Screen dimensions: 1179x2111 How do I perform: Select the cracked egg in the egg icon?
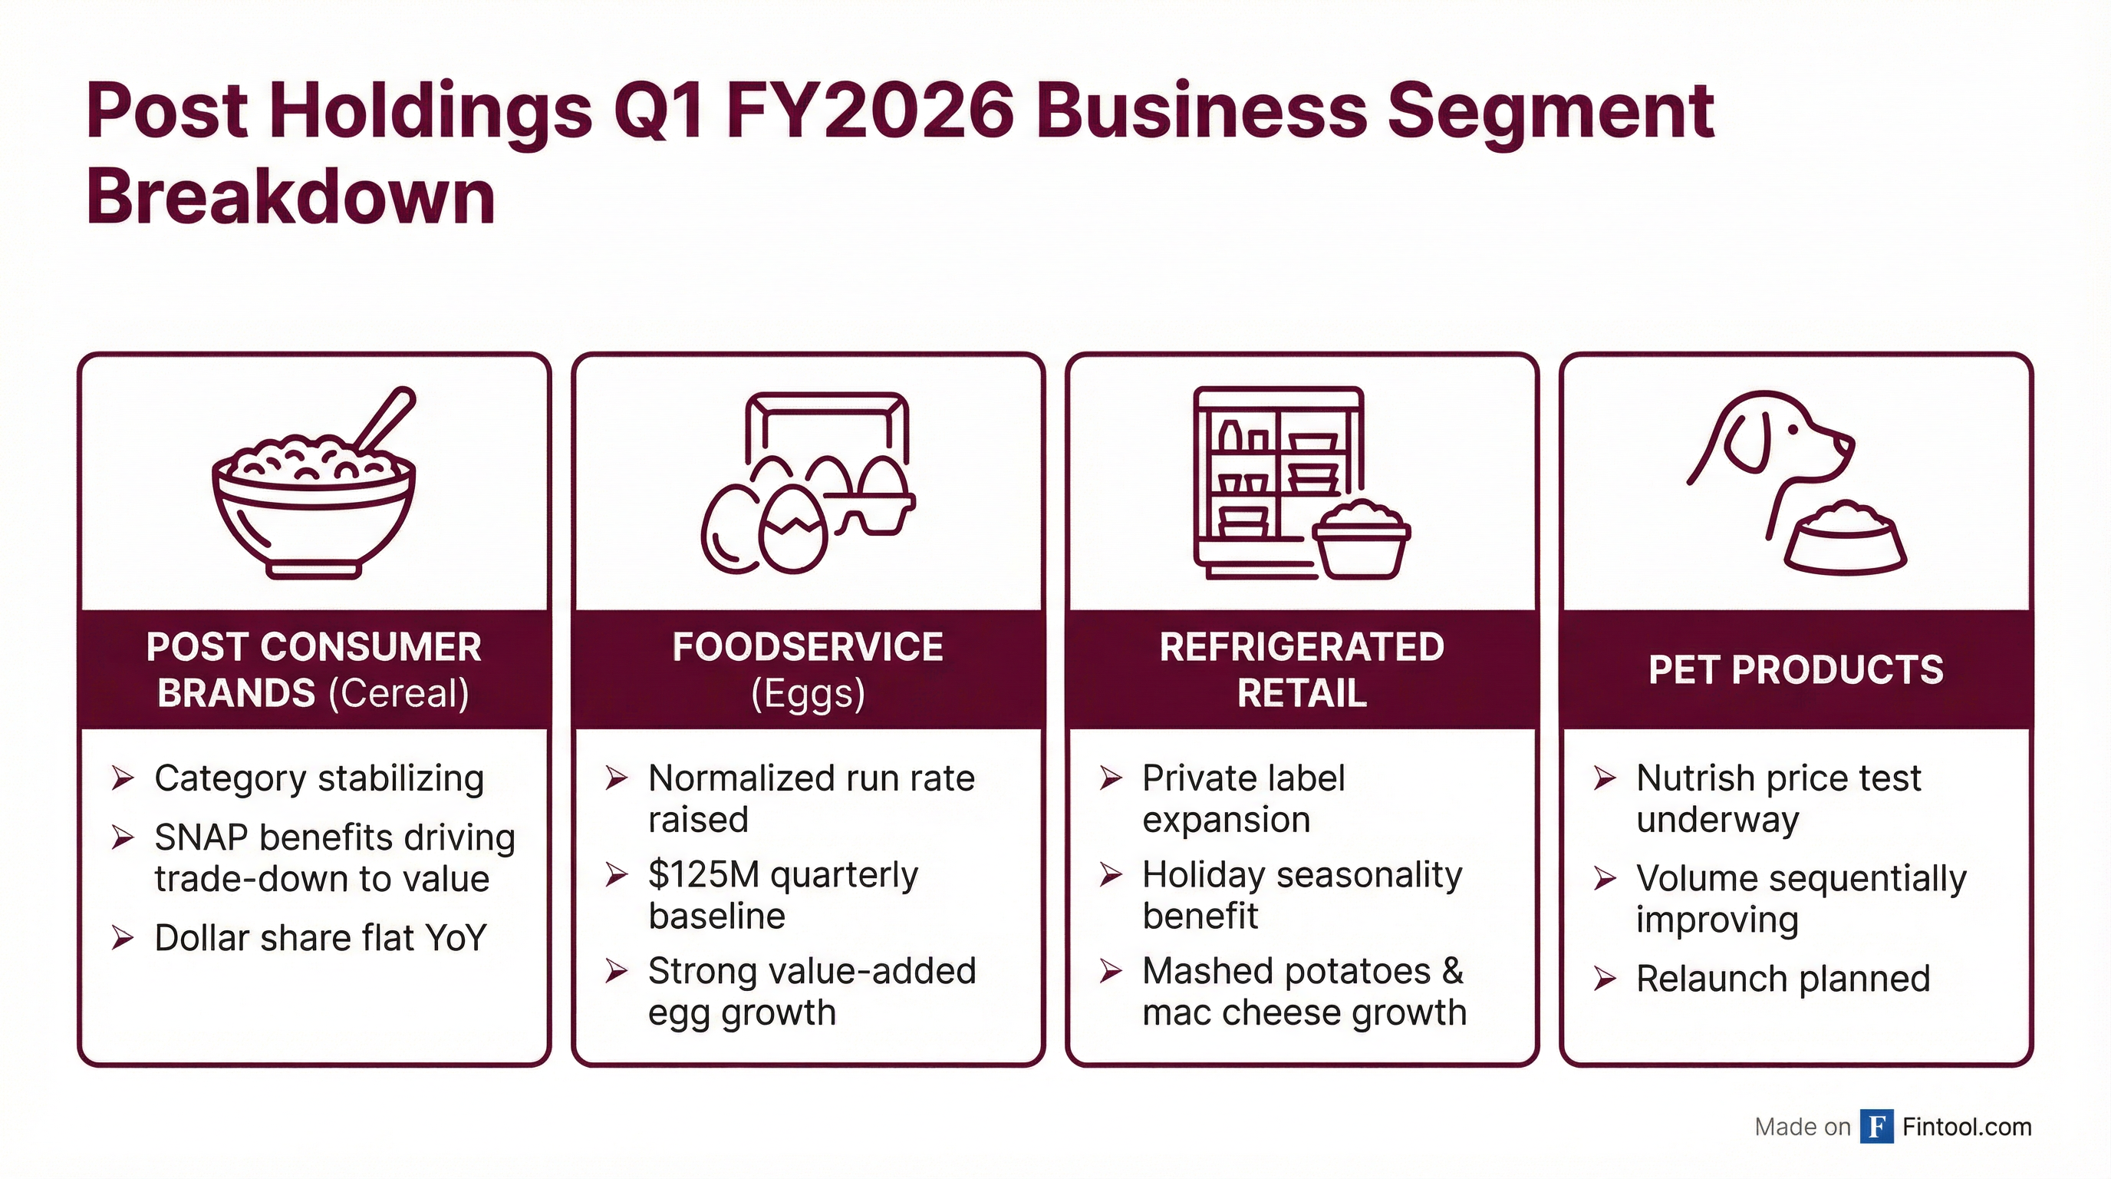click(x=793, y=529)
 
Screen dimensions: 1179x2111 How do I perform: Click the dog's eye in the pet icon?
click(x=1792, y=429)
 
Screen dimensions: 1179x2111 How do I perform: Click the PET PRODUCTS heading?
click(x=1796, y=670)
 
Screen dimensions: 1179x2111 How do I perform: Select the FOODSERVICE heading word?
click(x=807, y=647)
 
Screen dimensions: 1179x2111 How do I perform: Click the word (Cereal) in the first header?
click(x=398, y=694)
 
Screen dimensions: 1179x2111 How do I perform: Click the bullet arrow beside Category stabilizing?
click(x=123, y=778)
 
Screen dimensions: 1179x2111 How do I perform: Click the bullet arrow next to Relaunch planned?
click(x=1605, y=979)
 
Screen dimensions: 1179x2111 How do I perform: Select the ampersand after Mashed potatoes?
click(x=1453, y=971)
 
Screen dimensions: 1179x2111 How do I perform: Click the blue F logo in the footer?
click(x=1876, y=1127)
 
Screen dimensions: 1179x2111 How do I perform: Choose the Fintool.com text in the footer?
click(x=1967, y=1128)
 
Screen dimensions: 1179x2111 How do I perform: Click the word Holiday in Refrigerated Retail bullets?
click(x=1204, y=875)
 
